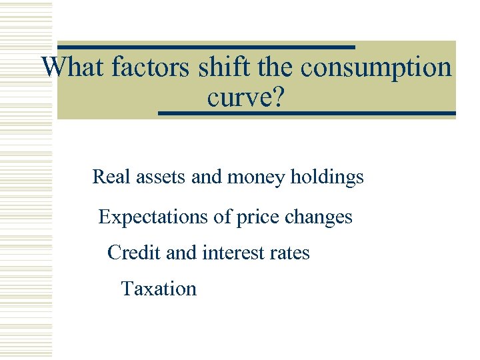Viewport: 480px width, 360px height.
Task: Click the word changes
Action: (319, 217)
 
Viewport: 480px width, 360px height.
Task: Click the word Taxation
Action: (159, 289)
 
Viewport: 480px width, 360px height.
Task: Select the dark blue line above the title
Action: (206, 47)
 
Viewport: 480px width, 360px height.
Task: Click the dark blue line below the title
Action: (307, 114)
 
